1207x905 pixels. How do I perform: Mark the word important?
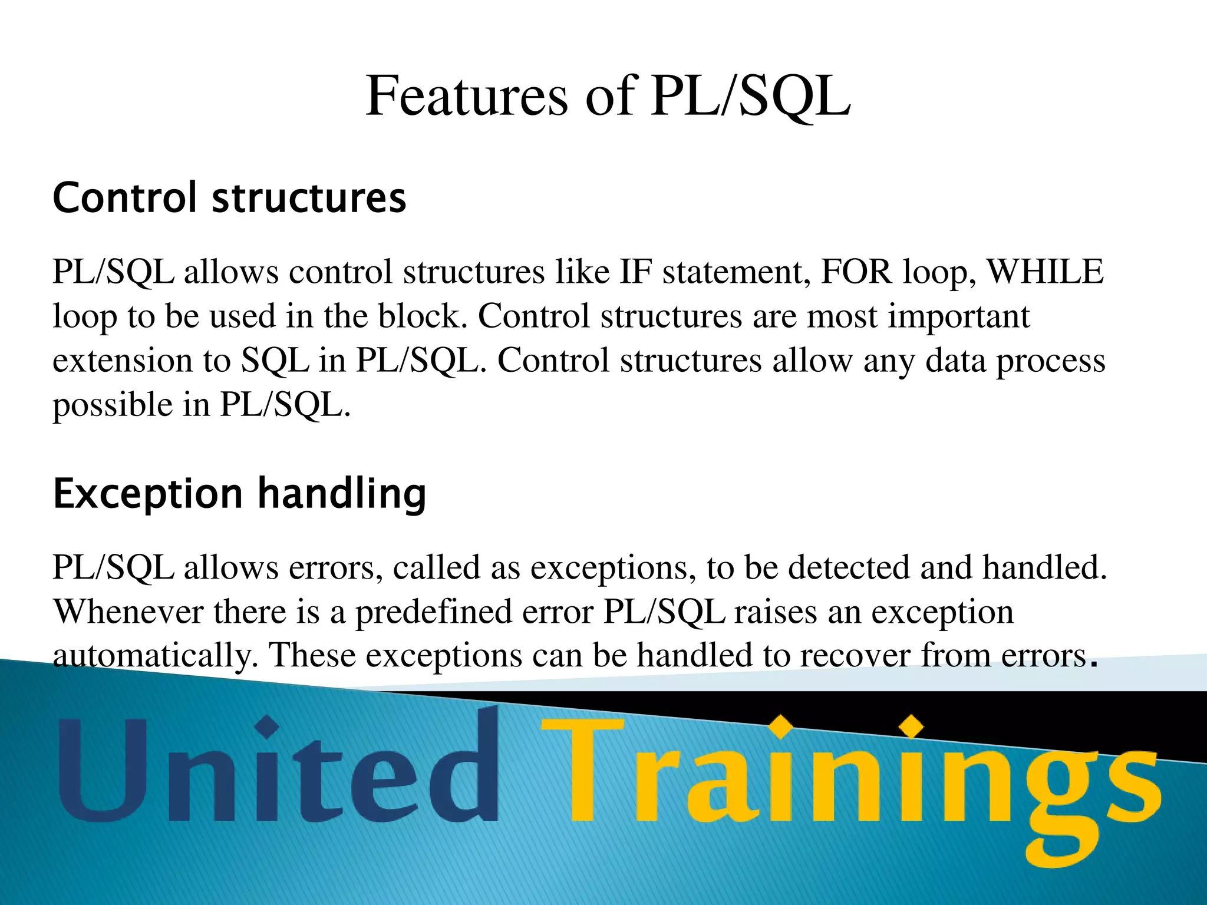(x=959, y=316)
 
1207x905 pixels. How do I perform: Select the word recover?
(x=855, y=656)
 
